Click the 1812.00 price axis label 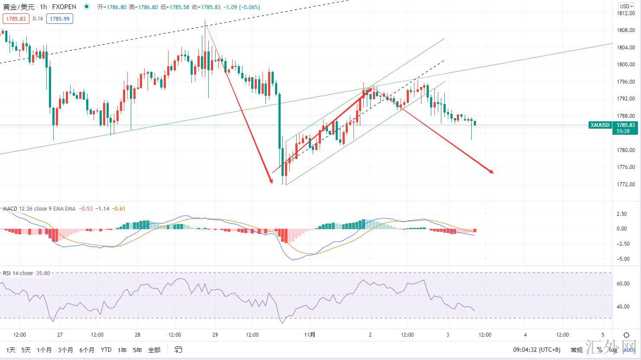[625, 13]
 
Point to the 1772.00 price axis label [625, 185]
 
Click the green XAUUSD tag [600, 125]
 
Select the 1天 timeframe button [10, 350]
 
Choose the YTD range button [106, 350]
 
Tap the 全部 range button [154, 350]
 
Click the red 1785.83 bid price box [16, 19]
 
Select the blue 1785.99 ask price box [60, 19]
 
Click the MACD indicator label [10, 209]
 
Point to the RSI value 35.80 [44, 273]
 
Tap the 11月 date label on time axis [310, 335]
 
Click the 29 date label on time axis [215, 335]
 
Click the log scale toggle [613, 350]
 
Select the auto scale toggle [629, 350]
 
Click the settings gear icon [626, 335]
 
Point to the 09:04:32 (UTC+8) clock [537, 350]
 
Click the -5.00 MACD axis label [622, 259]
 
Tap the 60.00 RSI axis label [623, 284]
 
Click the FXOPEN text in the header [64, 7]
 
